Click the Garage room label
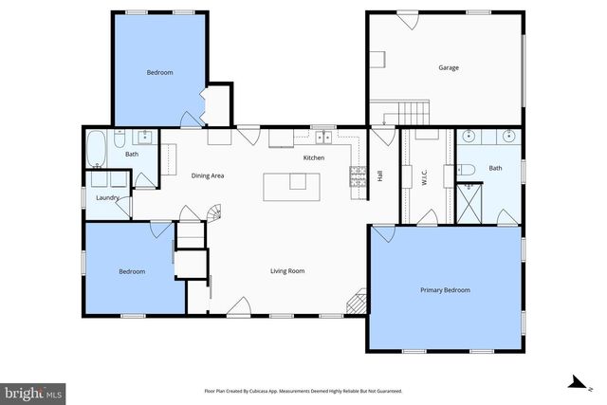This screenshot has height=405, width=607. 449,67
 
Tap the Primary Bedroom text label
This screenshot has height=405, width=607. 445,290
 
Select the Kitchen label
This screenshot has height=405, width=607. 314,157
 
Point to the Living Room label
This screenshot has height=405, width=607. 287,271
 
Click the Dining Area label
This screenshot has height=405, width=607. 208,175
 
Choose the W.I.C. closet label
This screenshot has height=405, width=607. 426,176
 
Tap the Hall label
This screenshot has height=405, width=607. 380,175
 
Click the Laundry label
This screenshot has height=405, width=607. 107,197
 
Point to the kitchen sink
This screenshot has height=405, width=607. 322,133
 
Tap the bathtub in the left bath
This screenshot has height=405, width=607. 97,149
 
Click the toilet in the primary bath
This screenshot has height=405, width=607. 465,169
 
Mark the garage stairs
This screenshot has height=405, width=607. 414,111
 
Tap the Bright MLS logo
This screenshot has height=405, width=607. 32,391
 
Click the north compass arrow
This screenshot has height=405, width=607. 573,382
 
